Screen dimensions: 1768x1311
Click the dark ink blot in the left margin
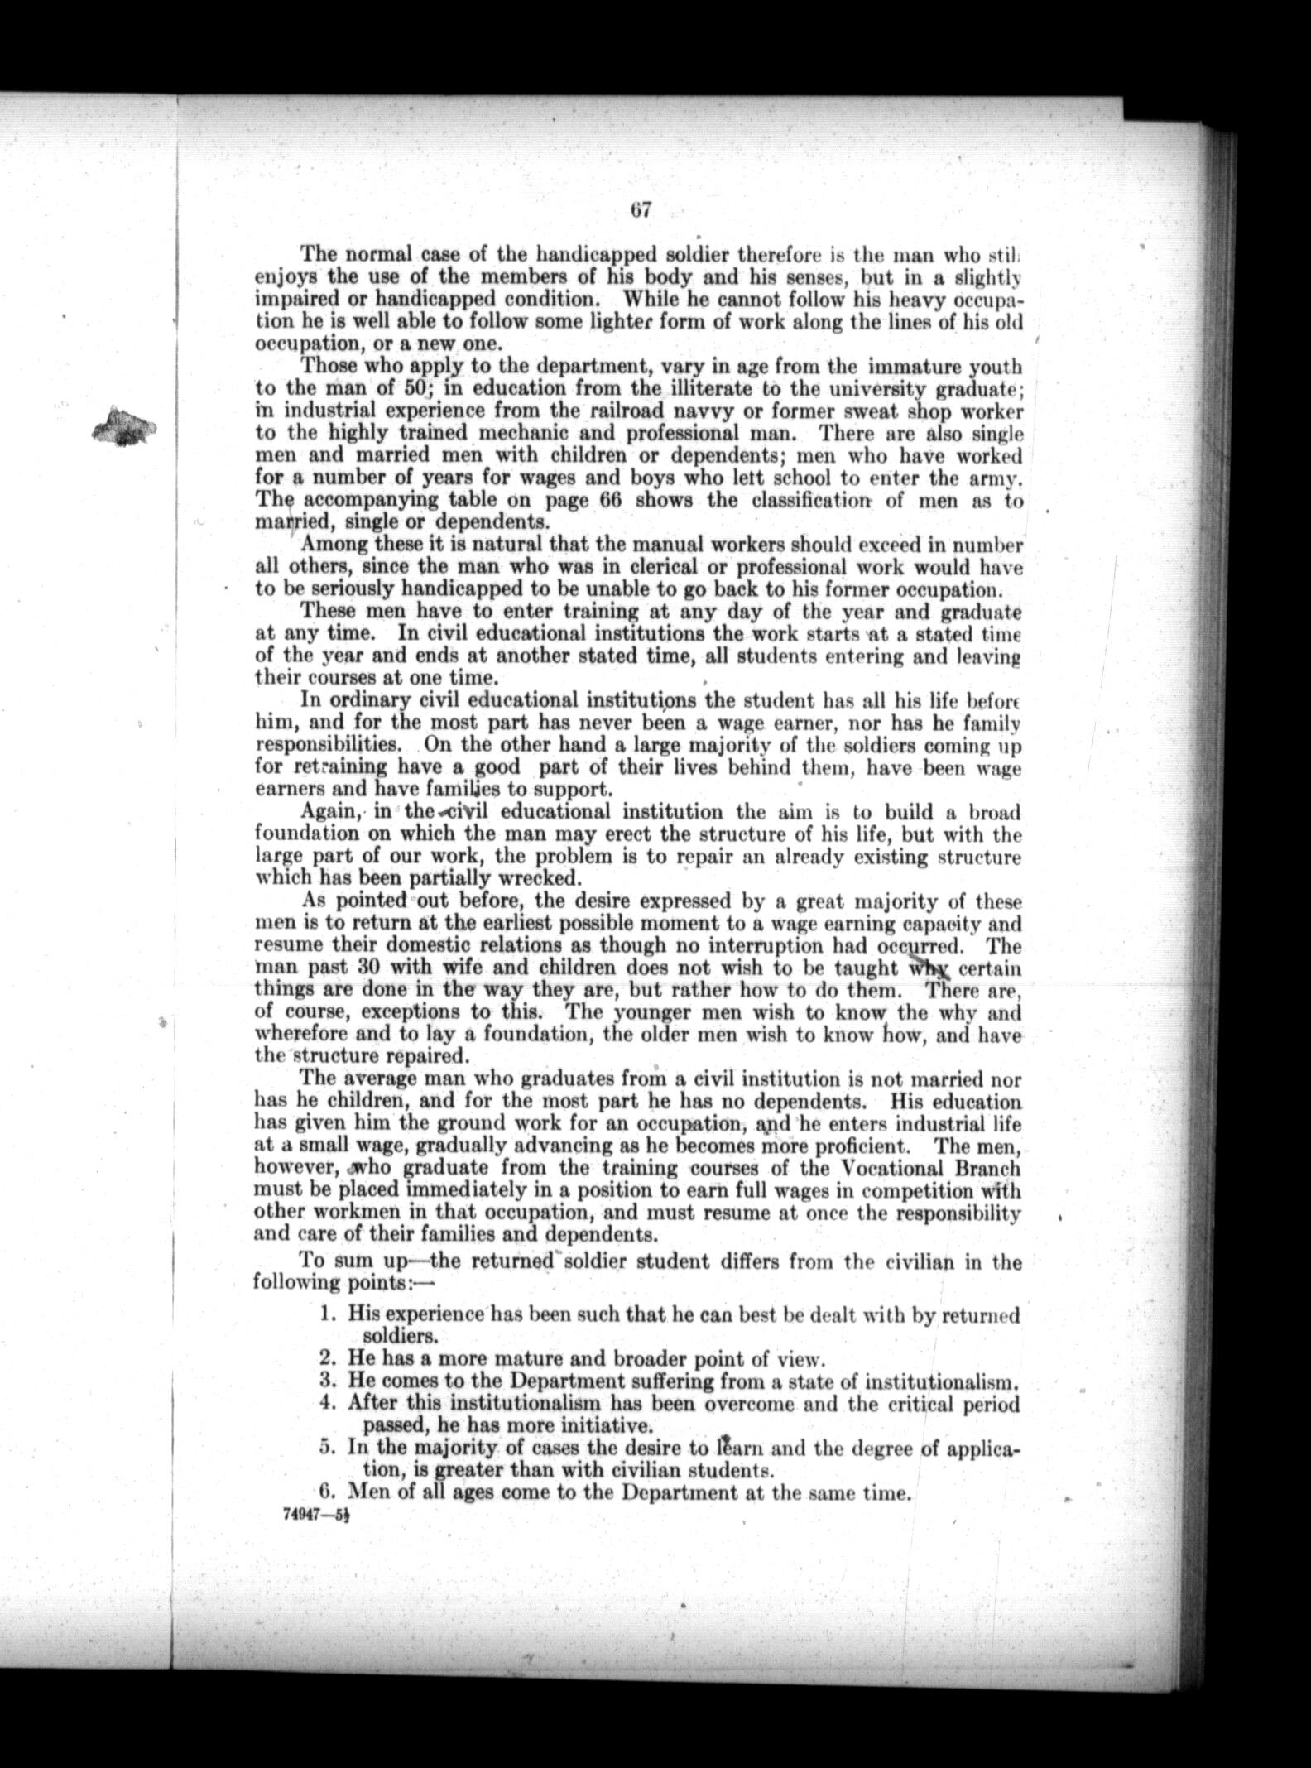(126, 425)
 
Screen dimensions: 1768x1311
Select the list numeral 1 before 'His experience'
(327, 1314)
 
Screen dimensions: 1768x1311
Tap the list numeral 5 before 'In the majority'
(327, 1449)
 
